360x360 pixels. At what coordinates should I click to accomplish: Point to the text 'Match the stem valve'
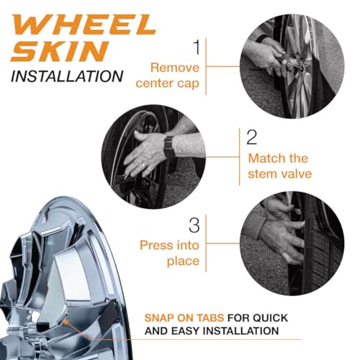[276, 165]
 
